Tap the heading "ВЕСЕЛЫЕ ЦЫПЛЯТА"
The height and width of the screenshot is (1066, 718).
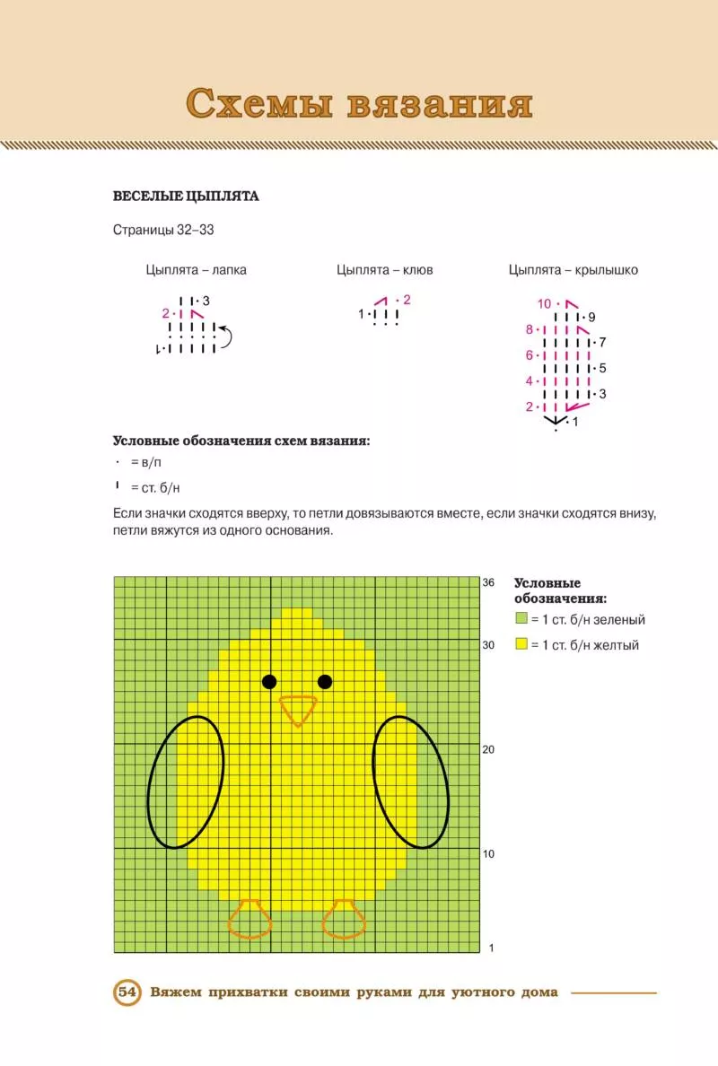point(186,197)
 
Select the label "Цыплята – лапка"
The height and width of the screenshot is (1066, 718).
point(196,269)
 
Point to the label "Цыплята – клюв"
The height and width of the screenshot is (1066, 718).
point(385,269)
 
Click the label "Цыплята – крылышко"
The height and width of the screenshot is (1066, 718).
point(574,269)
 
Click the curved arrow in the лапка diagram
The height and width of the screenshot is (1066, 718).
point(225,337)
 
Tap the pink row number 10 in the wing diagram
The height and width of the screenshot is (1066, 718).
point(545,303)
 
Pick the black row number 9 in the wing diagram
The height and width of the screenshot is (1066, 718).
point(592,317)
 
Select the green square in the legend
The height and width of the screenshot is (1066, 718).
point(521,619)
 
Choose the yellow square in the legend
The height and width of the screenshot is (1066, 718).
point(521,644)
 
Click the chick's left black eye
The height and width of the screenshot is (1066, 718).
point(269,682)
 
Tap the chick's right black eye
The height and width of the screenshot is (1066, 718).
point(325,682)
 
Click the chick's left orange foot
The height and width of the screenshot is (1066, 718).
point(250,920)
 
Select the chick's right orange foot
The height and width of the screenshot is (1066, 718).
point(344,920)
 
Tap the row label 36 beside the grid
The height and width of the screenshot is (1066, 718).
point(489,582)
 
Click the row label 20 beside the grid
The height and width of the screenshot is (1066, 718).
point(489,749)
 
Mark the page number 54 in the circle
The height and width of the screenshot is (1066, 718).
point(127,992)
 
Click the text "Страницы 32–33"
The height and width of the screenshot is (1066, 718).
point(163,230)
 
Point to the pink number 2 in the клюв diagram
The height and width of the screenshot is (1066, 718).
point(407,300)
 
